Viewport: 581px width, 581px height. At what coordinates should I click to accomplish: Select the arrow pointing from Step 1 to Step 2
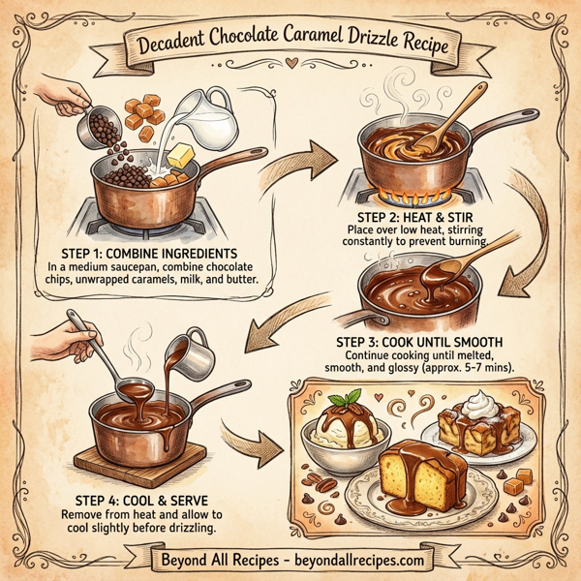(307, 154)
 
